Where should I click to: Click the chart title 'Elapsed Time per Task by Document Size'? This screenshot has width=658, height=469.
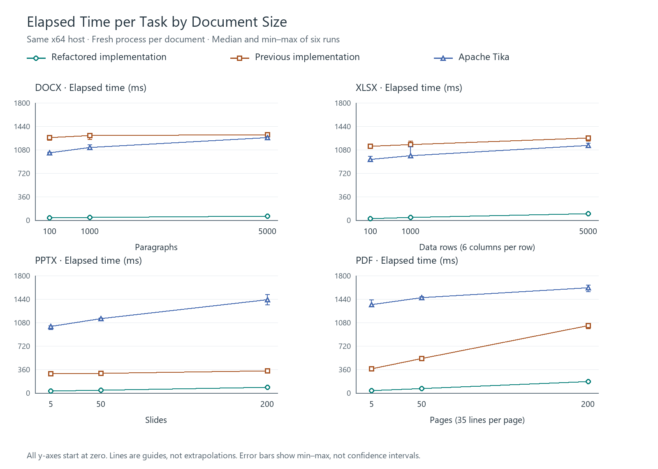coord(157,22)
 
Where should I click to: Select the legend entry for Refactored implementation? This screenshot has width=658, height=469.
coord(97,57)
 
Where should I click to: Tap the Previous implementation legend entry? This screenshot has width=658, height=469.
coord(295,57)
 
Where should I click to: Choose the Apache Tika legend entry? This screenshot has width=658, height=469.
coord(471,57)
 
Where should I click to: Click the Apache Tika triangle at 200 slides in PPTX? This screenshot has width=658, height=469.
coord(267,300)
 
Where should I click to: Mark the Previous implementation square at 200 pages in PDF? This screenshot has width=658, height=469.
coord(588,326)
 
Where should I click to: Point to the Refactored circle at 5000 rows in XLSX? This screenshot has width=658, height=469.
coord(588,214)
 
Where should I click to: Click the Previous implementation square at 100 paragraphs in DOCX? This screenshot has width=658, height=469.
coord(50,137)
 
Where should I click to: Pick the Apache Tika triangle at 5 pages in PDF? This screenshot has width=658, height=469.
coord(372,304)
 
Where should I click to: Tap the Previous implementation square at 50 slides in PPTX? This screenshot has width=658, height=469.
coord(101,373)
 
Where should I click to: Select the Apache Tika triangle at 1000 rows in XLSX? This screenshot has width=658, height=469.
coord(411,156)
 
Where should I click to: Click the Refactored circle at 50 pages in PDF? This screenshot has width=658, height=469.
coord(422,388)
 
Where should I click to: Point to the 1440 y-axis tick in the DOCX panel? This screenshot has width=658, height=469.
coord(22,127)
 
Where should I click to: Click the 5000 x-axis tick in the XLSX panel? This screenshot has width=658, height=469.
coord(588,231)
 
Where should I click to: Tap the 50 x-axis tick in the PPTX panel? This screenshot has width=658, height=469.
coord(101,404)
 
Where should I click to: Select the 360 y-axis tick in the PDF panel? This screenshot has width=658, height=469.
coord(345,370)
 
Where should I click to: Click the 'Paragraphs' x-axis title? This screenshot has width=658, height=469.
coord(156,247)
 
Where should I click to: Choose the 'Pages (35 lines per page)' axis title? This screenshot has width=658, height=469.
coord(477,420)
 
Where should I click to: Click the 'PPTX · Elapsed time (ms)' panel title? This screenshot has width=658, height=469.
coord(88,261)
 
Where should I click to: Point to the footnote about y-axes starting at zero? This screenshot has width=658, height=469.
coord(224,455)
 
